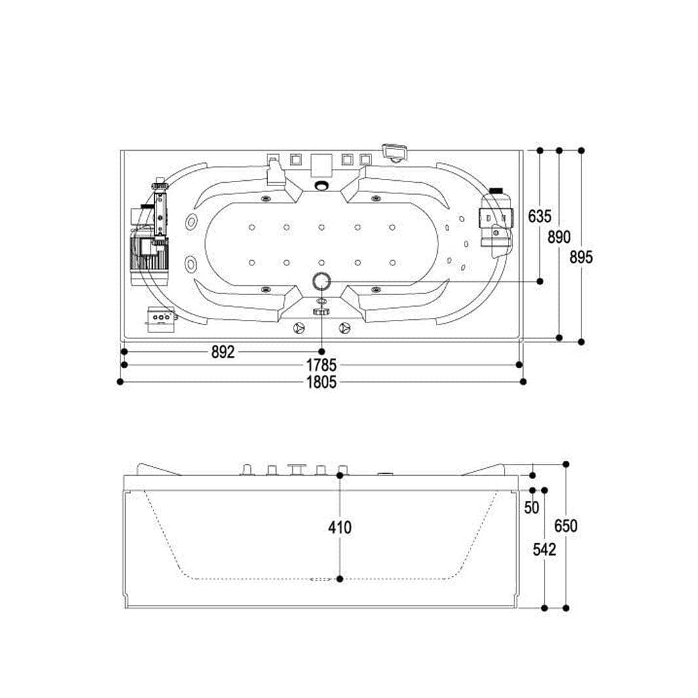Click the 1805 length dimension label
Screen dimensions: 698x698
point(321,382)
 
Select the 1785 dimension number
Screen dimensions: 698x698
point(321,366)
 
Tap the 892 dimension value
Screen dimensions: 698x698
point(223,352)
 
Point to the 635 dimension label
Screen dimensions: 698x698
point(539,216)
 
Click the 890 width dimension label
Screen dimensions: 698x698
point(559,237)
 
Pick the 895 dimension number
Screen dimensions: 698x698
point(581,257)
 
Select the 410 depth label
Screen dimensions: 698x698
point(339,528)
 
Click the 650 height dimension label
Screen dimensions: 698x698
point(566,526)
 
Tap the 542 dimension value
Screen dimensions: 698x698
point(545,550)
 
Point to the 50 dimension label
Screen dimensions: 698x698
point(532,507)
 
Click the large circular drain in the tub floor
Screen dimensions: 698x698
point(322,281)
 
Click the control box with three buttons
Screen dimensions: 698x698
point(161,319)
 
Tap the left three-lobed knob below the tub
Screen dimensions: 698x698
point(300,328)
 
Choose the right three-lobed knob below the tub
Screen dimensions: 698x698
point(344,328)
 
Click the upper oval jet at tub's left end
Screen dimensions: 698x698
point(192,222)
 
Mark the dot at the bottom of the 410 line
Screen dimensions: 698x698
point(340,579)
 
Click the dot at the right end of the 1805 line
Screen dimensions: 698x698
point(524,381)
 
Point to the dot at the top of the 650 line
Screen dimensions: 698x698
point(566,464)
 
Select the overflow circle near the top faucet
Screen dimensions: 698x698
point(320,185)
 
